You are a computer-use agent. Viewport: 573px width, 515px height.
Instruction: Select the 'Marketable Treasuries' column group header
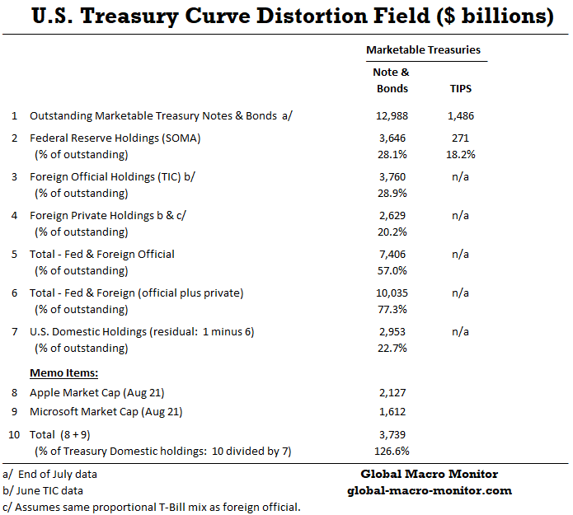coord(423,50)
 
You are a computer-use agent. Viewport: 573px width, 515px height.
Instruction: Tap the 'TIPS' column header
coord(461,88)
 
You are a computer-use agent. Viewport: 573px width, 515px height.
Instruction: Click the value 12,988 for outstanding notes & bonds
coord(391,116)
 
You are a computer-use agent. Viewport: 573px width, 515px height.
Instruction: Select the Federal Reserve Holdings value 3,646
coord(391,138)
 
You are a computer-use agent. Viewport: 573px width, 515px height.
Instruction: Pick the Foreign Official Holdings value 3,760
coord(391,177)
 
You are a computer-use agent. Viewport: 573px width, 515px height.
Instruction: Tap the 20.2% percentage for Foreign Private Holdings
coord(391,232)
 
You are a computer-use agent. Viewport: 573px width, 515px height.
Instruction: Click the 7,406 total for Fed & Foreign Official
coord(391,255)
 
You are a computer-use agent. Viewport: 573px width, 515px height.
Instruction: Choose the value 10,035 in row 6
coord(391,293)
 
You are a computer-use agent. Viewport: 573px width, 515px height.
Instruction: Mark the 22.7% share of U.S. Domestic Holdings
coord(391,348)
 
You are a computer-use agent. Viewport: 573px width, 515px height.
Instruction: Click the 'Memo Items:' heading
coord(63,373)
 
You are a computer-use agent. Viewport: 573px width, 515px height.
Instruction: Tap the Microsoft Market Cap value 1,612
coord(391,411)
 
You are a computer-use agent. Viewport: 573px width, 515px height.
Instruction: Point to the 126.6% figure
coord(391,451)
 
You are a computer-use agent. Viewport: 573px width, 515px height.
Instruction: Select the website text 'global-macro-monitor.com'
coord(430,490)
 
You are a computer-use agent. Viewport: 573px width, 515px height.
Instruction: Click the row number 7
coord(14,331)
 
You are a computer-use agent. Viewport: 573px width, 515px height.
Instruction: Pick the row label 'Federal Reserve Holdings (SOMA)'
coord(115,138)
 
